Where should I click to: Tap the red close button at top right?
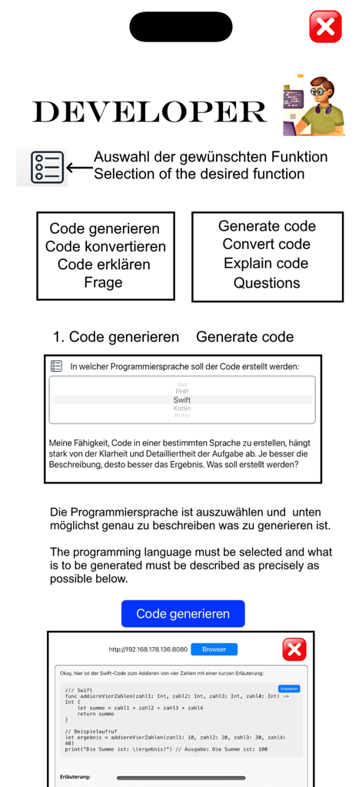pos(325,27)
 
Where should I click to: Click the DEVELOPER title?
pos(149,112)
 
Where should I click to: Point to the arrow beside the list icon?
pos(78,167)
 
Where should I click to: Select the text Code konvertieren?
pos(105,247)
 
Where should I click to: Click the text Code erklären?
pos(104,264)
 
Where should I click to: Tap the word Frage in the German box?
pos(103,282)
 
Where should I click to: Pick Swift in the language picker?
pos(182,400)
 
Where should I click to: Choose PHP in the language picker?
pos(182,391)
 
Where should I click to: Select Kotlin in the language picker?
pos(182,408)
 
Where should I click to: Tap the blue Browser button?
pos(214,649)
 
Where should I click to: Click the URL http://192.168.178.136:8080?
pos(148,649)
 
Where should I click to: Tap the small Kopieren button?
pos(289,689)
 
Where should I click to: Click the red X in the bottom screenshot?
pos(294,649)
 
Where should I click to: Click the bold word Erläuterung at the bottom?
pos(75,777)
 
